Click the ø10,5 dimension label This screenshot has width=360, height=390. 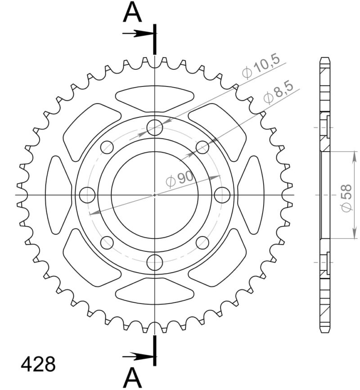click(261, 67)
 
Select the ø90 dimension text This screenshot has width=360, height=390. click(180, 179)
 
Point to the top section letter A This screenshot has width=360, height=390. click(132, 13)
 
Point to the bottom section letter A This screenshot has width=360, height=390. click(132, 377)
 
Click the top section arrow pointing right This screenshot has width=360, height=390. click(137, 33)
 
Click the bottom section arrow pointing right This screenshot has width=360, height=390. click(137, 356)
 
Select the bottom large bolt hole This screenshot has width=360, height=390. click(155, 262)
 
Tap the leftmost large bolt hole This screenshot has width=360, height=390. click(87, 195)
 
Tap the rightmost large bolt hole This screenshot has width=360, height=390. click(222, 195)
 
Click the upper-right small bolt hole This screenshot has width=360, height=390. click(202, 147)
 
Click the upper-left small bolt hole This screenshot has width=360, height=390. click(107, 147)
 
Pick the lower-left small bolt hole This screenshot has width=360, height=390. click(107, 243)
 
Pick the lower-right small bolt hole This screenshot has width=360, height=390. click(202, 243)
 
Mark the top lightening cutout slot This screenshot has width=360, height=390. click(155, 98)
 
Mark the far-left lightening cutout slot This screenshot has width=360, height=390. click(58, 195)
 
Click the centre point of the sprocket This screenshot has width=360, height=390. click(155, 195)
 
